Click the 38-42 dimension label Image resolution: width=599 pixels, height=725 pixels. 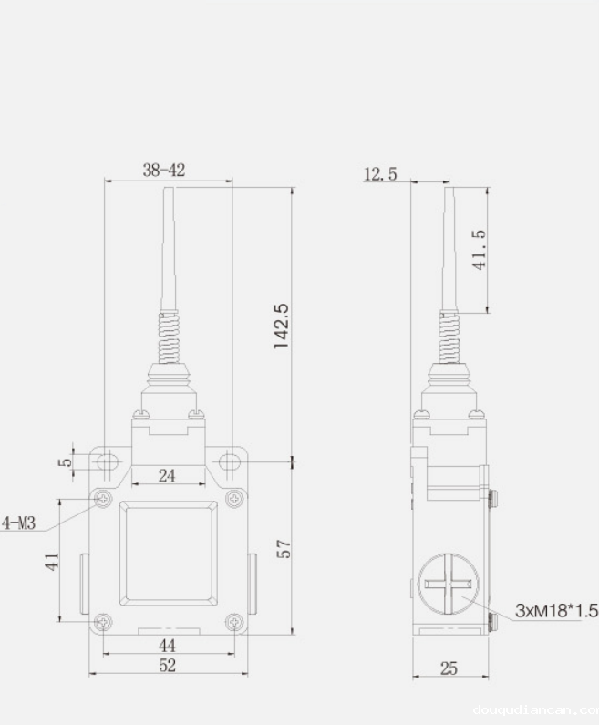coord(164,170)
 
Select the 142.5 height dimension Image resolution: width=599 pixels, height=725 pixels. coord(282,326)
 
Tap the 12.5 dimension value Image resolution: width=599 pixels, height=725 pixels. coord(380,173)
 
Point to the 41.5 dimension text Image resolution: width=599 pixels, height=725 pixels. coord(478,248)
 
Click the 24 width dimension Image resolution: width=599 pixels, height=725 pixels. coord(168,474)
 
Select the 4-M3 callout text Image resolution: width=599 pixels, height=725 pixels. coord(18,523)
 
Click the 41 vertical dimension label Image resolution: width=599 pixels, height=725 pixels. coord(53,561)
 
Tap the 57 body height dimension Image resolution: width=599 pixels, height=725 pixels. coord(284,549)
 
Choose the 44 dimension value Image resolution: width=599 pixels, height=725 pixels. coord(167,645)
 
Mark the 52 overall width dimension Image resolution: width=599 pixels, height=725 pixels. coord(167,666)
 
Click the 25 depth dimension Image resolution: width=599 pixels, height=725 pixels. coord(449,668)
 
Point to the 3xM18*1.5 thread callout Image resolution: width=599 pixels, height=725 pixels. coord(556,610)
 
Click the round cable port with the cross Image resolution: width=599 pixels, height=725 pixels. coord(448,583)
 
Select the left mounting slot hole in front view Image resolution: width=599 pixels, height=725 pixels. coord(108,461)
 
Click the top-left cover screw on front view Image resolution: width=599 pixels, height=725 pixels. coord(103,499)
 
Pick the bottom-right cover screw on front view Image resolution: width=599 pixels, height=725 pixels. coord(234,623)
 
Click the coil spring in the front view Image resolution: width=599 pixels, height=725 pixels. coord(169,337)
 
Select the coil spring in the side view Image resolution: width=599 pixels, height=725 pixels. coord(448,337)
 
